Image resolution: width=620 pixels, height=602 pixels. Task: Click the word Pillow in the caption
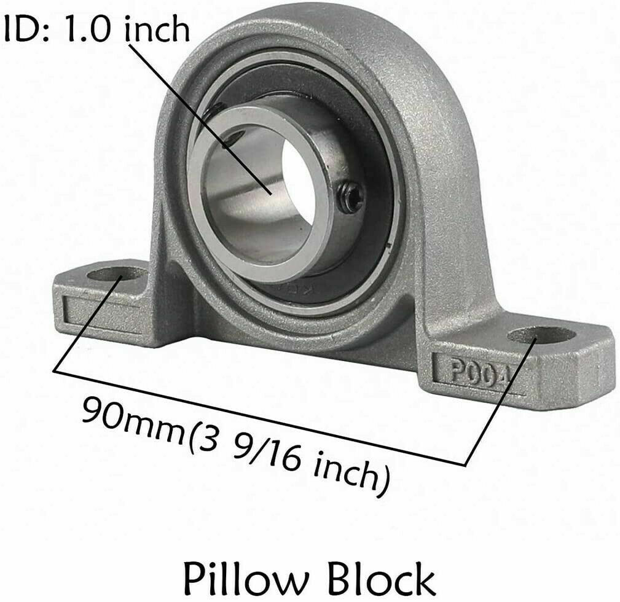pos(246,580)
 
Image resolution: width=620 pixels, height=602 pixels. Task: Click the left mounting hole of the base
pos(117,274)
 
